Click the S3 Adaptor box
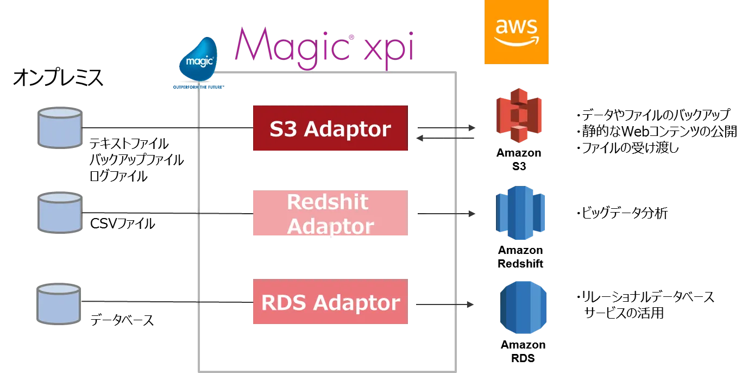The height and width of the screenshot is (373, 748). pyautogui.click(x=330, y=128)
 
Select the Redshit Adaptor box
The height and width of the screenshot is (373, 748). pyautogui.click(x=330, y=213)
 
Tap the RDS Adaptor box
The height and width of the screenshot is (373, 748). pyautogui.click(x=330, y=302)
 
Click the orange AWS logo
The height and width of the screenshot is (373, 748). pyautogui.click(x=517, y=32)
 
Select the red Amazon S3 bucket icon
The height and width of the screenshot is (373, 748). pyautogui.click(x=519, y=119)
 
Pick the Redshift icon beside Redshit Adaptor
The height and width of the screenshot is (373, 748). pyautogui.click(x=520, y=213)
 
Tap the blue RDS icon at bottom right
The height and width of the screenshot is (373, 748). pyautogui.click(x=523, y=307)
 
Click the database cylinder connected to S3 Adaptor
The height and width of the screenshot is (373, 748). pyautogui.click(x=59, y=128)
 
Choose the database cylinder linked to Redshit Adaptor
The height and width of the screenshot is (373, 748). pyautogui.click(x=59, y=213)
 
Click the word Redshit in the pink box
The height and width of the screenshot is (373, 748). pyautogui.click(x=328, y=202)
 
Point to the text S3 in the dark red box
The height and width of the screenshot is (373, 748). pyautogui.click(x=284, y=129)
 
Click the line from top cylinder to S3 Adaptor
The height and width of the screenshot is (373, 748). pyautogui.click(x=163, y=129)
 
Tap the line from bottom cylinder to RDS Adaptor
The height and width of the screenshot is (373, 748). pyautogui.click(x=163, y=303)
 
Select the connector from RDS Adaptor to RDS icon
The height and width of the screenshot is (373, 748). pyautogui.click(x=444, y=305)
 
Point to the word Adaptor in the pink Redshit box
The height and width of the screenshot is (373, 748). pyautogui.click(x=330, y=226)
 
